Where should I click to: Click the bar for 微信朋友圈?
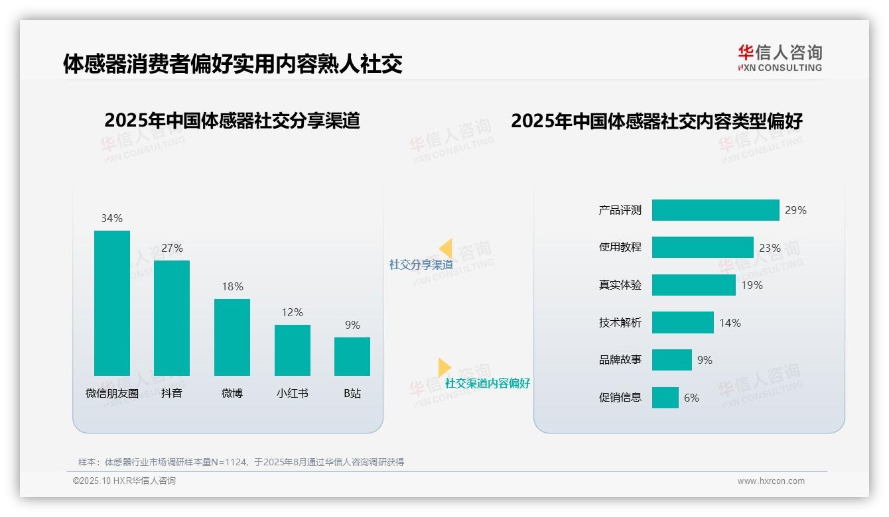[112, 303]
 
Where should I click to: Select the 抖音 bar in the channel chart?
[172, 318]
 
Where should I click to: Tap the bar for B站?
[352, 357]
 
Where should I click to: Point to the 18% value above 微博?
[232, 286]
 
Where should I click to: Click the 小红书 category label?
[293, 393]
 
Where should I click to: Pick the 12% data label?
[293, 312]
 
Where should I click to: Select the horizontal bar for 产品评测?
[715, 210]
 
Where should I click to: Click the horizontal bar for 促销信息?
[665, 398]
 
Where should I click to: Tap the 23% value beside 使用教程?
[770, 248]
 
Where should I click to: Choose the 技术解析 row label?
[620, 323]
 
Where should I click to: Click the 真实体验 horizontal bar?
[693, 285]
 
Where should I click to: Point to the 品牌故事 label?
[620, 360]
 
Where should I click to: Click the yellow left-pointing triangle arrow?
[445, 249]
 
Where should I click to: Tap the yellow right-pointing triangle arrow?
[444, 367]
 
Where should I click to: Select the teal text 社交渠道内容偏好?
[488, 383]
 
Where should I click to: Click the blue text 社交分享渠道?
[421, 264]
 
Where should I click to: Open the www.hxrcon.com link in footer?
[771, 481]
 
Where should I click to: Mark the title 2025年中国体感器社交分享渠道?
[232, 121]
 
